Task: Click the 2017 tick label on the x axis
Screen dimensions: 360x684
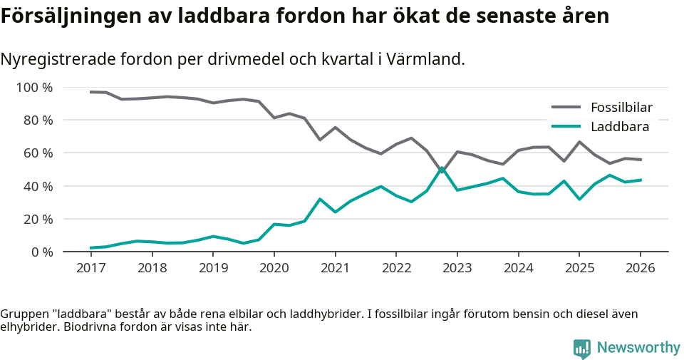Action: coord(90,268)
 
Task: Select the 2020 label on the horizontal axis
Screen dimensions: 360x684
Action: coord(274,268)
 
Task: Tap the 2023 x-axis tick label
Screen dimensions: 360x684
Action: coord(457,268)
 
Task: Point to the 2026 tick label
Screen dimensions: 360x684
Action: coord(640,268)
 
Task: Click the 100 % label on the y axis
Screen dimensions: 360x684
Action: coord(35,88)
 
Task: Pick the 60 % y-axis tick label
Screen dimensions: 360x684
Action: coord(38,153)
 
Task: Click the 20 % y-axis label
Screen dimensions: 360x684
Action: coord(38,219)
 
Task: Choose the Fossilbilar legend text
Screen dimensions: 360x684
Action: coord(621,108)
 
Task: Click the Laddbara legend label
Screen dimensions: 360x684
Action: coord(620,127)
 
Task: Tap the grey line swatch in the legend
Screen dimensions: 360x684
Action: coord(566,108)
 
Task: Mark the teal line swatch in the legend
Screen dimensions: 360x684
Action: coord(566,127)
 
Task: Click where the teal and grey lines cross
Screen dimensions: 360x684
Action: coord(442,170)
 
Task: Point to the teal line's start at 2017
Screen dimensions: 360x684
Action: coord(90,248)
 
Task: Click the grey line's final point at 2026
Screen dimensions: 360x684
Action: coord(641,160)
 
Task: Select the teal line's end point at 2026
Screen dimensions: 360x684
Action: coord(641,180)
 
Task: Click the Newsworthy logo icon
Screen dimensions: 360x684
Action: coord(582,348)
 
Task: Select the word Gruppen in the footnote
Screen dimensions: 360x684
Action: coord(22,314)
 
